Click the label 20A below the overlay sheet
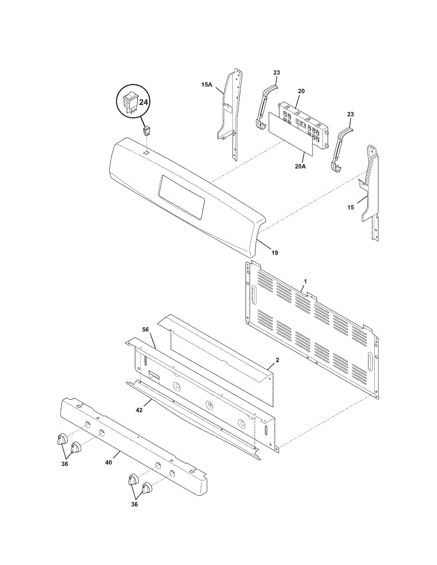click(300, 166)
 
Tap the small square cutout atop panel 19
click(147, 153)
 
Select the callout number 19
click(274, 253)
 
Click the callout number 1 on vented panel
click(305, 281)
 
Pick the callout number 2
click(278, 360)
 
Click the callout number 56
click(146, 330)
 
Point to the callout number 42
click(140, 410)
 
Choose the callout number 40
click(109, 463)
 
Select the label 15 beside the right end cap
click(351, 207)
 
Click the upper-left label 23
click(277, 73)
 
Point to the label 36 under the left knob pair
click(65, 464)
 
